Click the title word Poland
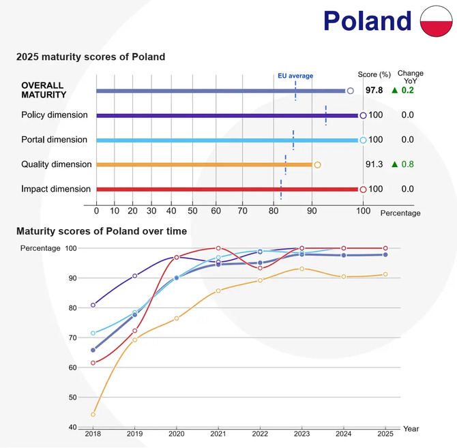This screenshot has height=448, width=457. (x=368, y=21)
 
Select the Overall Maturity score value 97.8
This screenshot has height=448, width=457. (x=374, y=90)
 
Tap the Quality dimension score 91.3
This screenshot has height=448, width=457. (x=374, y=164)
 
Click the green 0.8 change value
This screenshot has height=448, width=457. (x=407, y=164)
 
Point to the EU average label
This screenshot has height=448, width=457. (x=295, y=76)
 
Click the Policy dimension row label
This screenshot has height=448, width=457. (x=56, y=115)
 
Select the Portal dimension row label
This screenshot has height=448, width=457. (x=55, y=140)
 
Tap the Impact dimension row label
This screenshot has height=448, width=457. (x=56, y=189)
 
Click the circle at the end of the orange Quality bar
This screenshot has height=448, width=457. (x=317, y=164)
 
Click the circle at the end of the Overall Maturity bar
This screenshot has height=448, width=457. (x=350, y=90)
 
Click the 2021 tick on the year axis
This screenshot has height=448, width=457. (x=218, y=433)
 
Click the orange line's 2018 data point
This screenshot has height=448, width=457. (x=93, y=414)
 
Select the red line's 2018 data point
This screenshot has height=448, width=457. (x=93, y=363)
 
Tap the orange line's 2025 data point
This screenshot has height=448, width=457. (x=385, y=275)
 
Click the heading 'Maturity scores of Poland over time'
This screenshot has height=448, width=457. (x=102, y=231)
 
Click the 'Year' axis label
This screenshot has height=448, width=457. (x=411, y=429)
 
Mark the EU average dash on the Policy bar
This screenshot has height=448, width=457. (x=326, y=115)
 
